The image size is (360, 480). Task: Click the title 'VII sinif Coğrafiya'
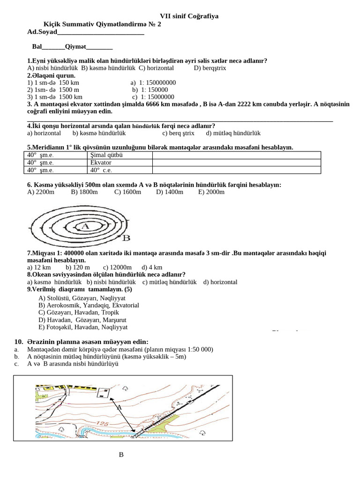coord(189,16)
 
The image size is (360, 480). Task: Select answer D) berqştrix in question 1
coord(210,68)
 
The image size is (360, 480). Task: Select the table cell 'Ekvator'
coord(101,163)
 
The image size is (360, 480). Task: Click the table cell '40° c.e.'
coord(101,170)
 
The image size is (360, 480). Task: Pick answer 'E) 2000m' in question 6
coord(211,192)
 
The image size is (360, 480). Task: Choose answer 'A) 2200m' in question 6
coord(41,192)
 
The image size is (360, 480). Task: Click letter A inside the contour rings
coord(85,226)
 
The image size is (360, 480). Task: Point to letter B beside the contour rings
coord(126,238)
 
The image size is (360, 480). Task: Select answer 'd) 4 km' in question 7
coord(152,267)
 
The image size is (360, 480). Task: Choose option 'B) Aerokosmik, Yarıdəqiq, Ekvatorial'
coord(89,305)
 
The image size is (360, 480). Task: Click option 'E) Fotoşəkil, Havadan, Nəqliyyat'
coord(83,327)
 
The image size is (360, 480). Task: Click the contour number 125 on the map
coord(103,423)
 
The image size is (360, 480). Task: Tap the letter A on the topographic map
coord(119,407)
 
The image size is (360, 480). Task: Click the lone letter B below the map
coord(121,455)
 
